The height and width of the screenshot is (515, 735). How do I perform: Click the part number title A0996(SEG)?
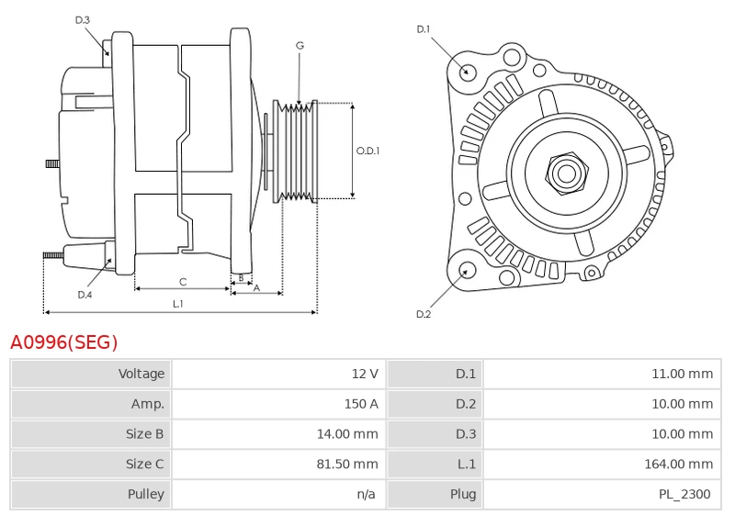click(64, 342)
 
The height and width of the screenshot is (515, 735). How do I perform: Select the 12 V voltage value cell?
click(366, 374)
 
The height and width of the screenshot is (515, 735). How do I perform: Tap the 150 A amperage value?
click(360, 404)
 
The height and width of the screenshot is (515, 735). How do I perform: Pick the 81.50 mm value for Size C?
click(347, 465)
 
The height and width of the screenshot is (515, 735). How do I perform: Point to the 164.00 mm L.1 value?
click(679, 465)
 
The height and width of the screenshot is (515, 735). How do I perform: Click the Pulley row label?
click(145, 495)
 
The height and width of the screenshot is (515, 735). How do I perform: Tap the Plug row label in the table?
click(463, 495)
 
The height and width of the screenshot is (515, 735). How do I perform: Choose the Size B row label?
click(145, 434)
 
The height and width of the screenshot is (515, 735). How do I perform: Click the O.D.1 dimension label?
click(367, 151)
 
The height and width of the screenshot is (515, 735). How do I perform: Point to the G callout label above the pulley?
click(300, 45)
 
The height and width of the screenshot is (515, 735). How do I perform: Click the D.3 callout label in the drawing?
click(83, 19)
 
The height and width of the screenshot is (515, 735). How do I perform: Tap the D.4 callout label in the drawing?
click(85, 295)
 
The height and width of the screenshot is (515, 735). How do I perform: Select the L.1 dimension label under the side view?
click(178, 304)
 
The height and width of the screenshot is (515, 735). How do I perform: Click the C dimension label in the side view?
click(183, 282)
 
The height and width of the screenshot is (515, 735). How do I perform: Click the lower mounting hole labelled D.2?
click(466, 270)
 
